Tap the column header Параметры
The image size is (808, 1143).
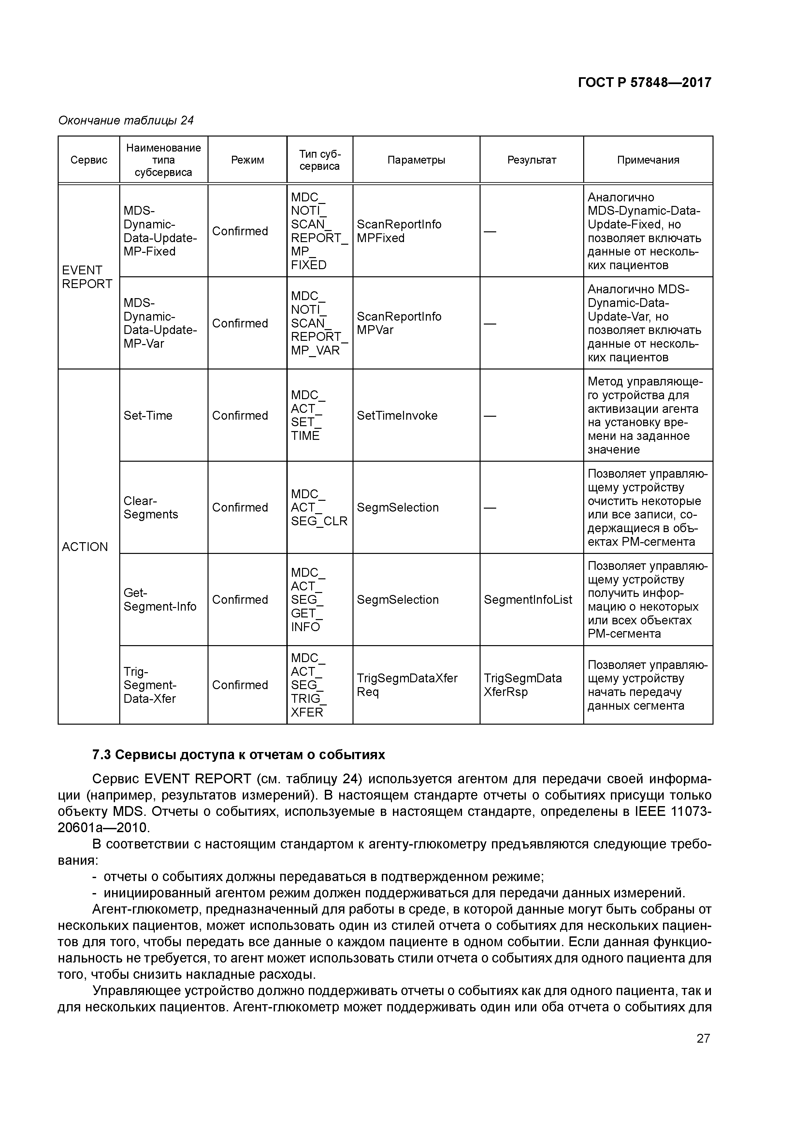click(x=416, y=160)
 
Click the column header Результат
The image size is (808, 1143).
click(x=531, y=160)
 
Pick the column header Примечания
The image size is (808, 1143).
click(x=648, y=160)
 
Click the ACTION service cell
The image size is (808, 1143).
click(x=85, y=547)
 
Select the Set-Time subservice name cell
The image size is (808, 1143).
click(x=148, y=415)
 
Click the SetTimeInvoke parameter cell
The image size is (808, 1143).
click(x=397, y=415)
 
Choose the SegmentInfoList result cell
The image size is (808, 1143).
click(x=528, y=600)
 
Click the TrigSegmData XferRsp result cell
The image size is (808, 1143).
click(x=522, y=685)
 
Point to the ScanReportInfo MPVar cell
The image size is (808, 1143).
click(x=399, y=323)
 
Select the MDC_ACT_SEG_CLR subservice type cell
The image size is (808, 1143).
click(x=319, y=507)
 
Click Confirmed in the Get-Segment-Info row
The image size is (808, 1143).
click(x=240, y=600)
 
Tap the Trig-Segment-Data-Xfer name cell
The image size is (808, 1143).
click(x=150, y=685)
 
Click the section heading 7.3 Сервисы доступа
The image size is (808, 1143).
click(x=238, y=755)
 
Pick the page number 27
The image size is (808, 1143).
click(x=703, y=1038)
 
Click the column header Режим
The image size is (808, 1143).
click(x=247, y=160)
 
